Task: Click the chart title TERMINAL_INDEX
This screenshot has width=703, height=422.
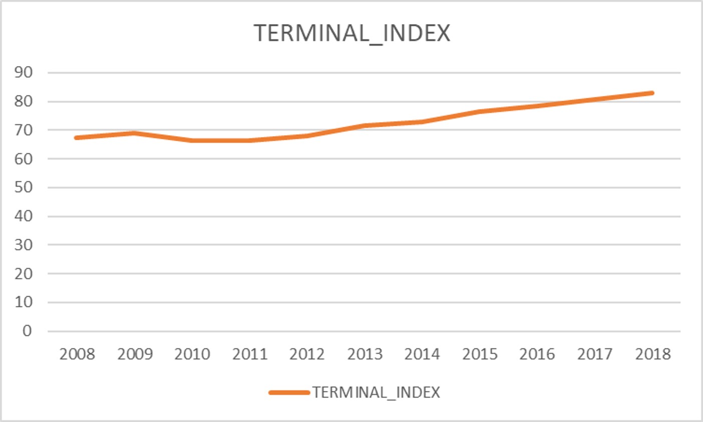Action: click(x=352, y=33)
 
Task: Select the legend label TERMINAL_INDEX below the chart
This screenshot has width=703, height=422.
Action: click(x=376, y=392)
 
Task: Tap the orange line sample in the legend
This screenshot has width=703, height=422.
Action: click(x=289, y=392)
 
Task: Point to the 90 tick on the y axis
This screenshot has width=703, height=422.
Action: click(x=24, y=73)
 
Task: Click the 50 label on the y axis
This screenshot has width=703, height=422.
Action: click(x=24, y=187)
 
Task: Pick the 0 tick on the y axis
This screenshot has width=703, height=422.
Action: click(x=27, y=331)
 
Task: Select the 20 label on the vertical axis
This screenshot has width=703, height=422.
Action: click(x=24, y=273)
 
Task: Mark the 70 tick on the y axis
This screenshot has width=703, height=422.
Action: click(x=24, y=130)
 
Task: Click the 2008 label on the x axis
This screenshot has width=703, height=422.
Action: click(x=77, y=354)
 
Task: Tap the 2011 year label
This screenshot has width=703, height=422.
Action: click(x=250, y=354)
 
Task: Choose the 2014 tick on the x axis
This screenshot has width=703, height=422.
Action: click(x=422, y=354)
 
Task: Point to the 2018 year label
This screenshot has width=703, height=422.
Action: click(x=652, y=354)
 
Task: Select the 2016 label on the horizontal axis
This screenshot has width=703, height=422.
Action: click(x=537, y=354)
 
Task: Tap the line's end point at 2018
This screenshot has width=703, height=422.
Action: click(x=652, y=93)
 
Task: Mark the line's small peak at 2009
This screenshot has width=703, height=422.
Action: click(x=135, y=133)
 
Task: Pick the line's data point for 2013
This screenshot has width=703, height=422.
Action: click(x=365, y=126)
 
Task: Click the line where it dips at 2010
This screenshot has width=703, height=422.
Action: click(x=192, y=141)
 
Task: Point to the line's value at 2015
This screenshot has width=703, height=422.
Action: click(x=480, y=112)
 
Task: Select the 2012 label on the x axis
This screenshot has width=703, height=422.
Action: click(x=307, y=354)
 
